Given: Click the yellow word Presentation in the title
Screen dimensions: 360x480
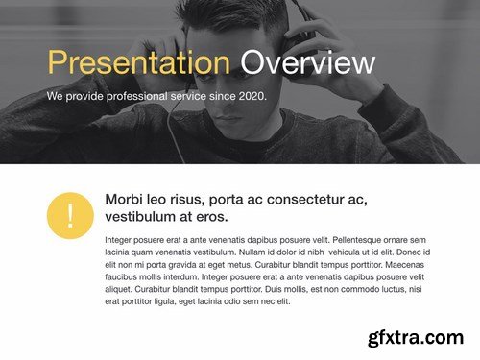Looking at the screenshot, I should tap(138, 63).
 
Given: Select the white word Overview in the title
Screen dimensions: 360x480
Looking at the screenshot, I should tap(307, 63).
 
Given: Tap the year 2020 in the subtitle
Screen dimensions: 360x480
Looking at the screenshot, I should tap(250, 96).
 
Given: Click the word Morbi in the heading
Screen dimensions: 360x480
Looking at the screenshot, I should tap(124, 200).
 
